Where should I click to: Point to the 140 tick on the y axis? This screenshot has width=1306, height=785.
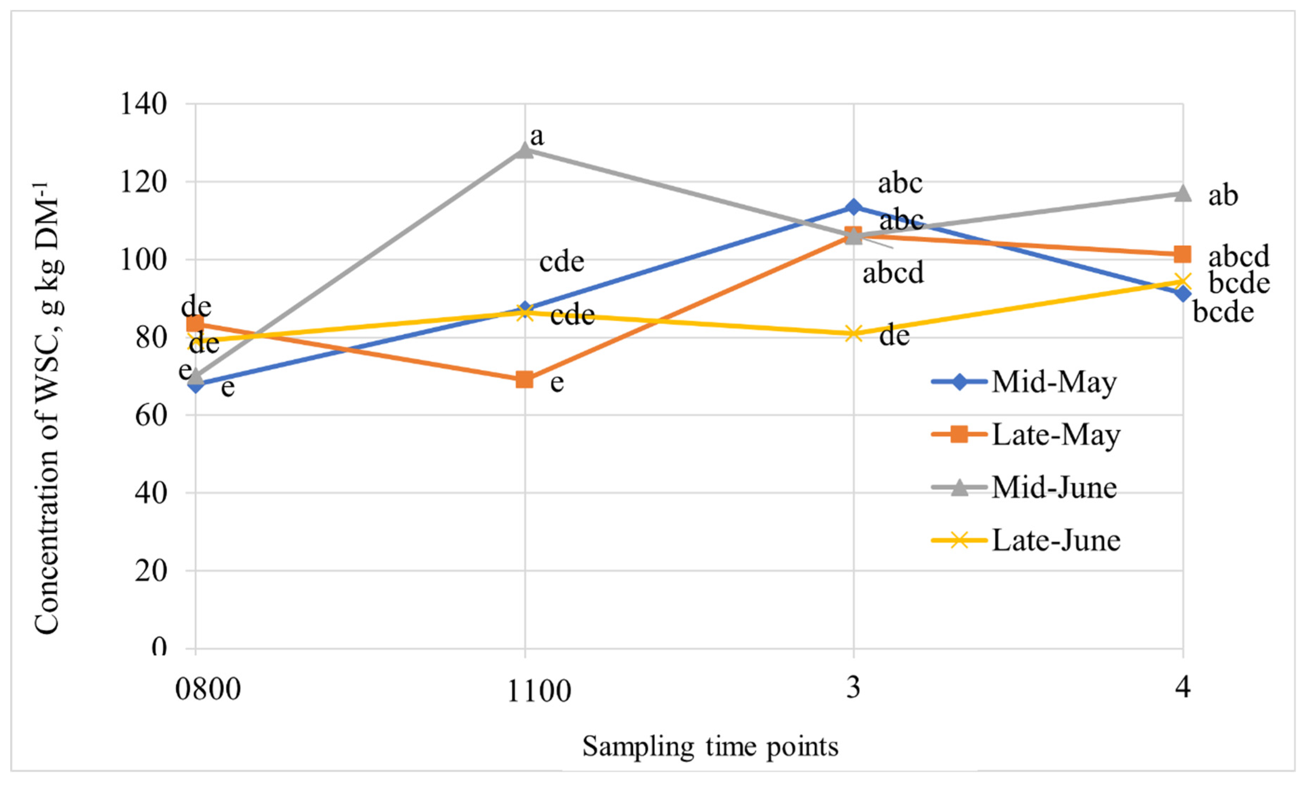point(143,104)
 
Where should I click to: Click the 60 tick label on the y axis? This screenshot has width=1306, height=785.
point(151,415)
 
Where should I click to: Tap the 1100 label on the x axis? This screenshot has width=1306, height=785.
point(539,691)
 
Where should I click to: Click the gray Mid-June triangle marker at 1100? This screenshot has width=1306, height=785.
point(524,151)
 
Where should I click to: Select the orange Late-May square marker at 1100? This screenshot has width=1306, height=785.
point(524,379)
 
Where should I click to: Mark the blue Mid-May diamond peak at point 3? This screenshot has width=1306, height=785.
point(853,207)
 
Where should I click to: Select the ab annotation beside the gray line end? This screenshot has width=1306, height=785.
point(1222,196)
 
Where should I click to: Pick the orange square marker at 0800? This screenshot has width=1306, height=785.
point(195,324)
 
